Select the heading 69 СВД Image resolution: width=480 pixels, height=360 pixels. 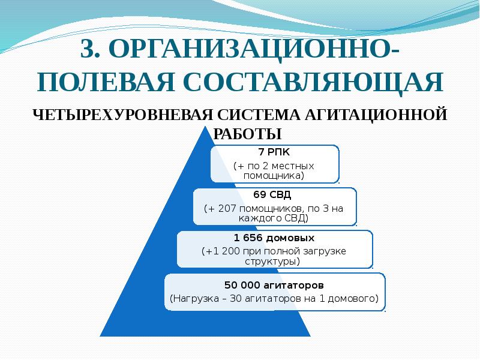point(273,195)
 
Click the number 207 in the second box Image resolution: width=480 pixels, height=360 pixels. point(227,208)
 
